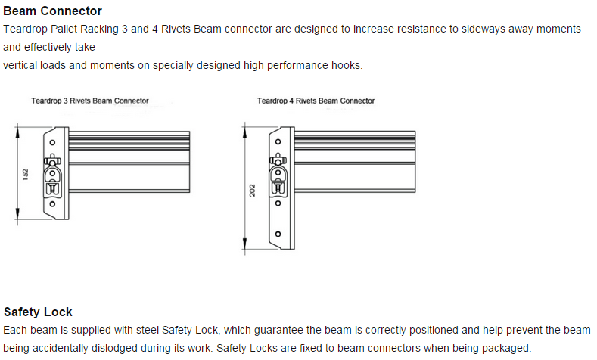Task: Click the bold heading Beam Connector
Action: click(52, 11)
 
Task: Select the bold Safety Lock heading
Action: click(38, 312)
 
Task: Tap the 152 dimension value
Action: click(26, 174)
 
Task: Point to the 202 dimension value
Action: click(252, 191)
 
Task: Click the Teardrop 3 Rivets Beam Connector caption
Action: click(89, 101)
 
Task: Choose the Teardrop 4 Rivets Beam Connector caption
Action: click(316, 101)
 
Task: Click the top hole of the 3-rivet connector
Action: click(52, 142)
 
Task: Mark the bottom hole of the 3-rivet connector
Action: click(52, 203)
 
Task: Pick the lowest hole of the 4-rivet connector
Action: click(278, 234)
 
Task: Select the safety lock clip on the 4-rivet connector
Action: click(278, 161)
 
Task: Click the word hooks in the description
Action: click(347, 65)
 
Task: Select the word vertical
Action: click(21, 65)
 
